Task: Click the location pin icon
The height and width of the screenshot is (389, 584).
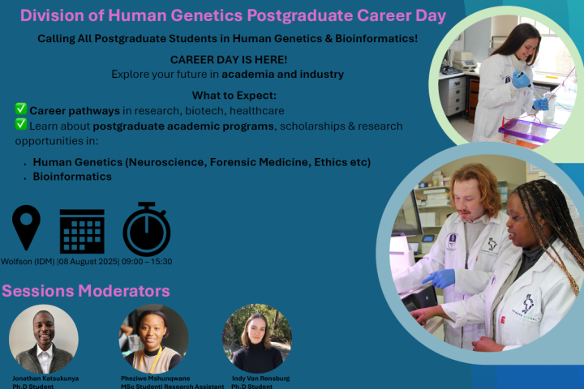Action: tap(27, 227)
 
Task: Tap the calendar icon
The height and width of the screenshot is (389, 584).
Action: tap(82, 231)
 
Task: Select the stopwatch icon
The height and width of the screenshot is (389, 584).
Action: tap(146, 229)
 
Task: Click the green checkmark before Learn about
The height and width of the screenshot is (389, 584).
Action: tap(21, 126)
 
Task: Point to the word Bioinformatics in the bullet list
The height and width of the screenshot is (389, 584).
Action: tap(72, 177)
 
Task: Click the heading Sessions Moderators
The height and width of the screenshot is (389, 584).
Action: tap(86, 290)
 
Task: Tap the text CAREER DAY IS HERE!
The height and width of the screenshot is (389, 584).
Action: tap(228, 60)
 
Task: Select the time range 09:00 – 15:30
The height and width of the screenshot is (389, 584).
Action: tap(148, 262)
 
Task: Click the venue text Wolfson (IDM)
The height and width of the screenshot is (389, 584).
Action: tap(28, 262)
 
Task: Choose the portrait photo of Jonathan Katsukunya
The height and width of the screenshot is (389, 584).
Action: tap(43, 339)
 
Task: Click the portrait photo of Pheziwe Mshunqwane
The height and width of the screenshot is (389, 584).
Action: tap(153, 339)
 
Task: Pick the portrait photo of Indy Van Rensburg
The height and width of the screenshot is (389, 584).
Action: tap(257, 339)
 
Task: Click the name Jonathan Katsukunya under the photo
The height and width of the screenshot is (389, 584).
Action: tap(45, 378)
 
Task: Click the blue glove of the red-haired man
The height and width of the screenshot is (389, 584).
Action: tap(441, 279)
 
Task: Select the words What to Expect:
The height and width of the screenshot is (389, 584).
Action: tap(228, 96)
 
